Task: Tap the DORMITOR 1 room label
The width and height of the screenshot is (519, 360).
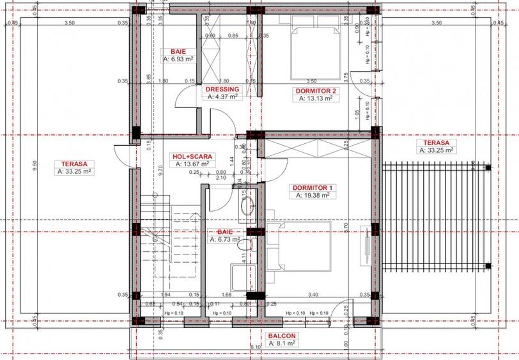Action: point(313,187)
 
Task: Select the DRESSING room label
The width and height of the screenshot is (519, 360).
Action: point(222,90)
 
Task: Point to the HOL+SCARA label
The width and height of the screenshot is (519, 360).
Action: point(192,156)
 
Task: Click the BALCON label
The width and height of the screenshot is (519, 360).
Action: point(281,336)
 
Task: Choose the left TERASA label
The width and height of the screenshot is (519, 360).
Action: point(75,163)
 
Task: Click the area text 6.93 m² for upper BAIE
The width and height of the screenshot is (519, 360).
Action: point(178,59)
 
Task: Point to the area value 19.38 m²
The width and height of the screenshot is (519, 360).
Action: point(313,196)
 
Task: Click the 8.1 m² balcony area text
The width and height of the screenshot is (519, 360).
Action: point(281,343)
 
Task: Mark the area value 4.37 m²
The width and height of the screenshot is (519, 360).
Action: point(222,97)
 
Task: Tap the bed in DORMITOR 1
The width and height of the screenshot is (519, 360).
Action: point(300,246)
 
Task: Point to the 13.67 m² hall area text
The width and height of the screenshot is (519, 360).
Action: point(192,164)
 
